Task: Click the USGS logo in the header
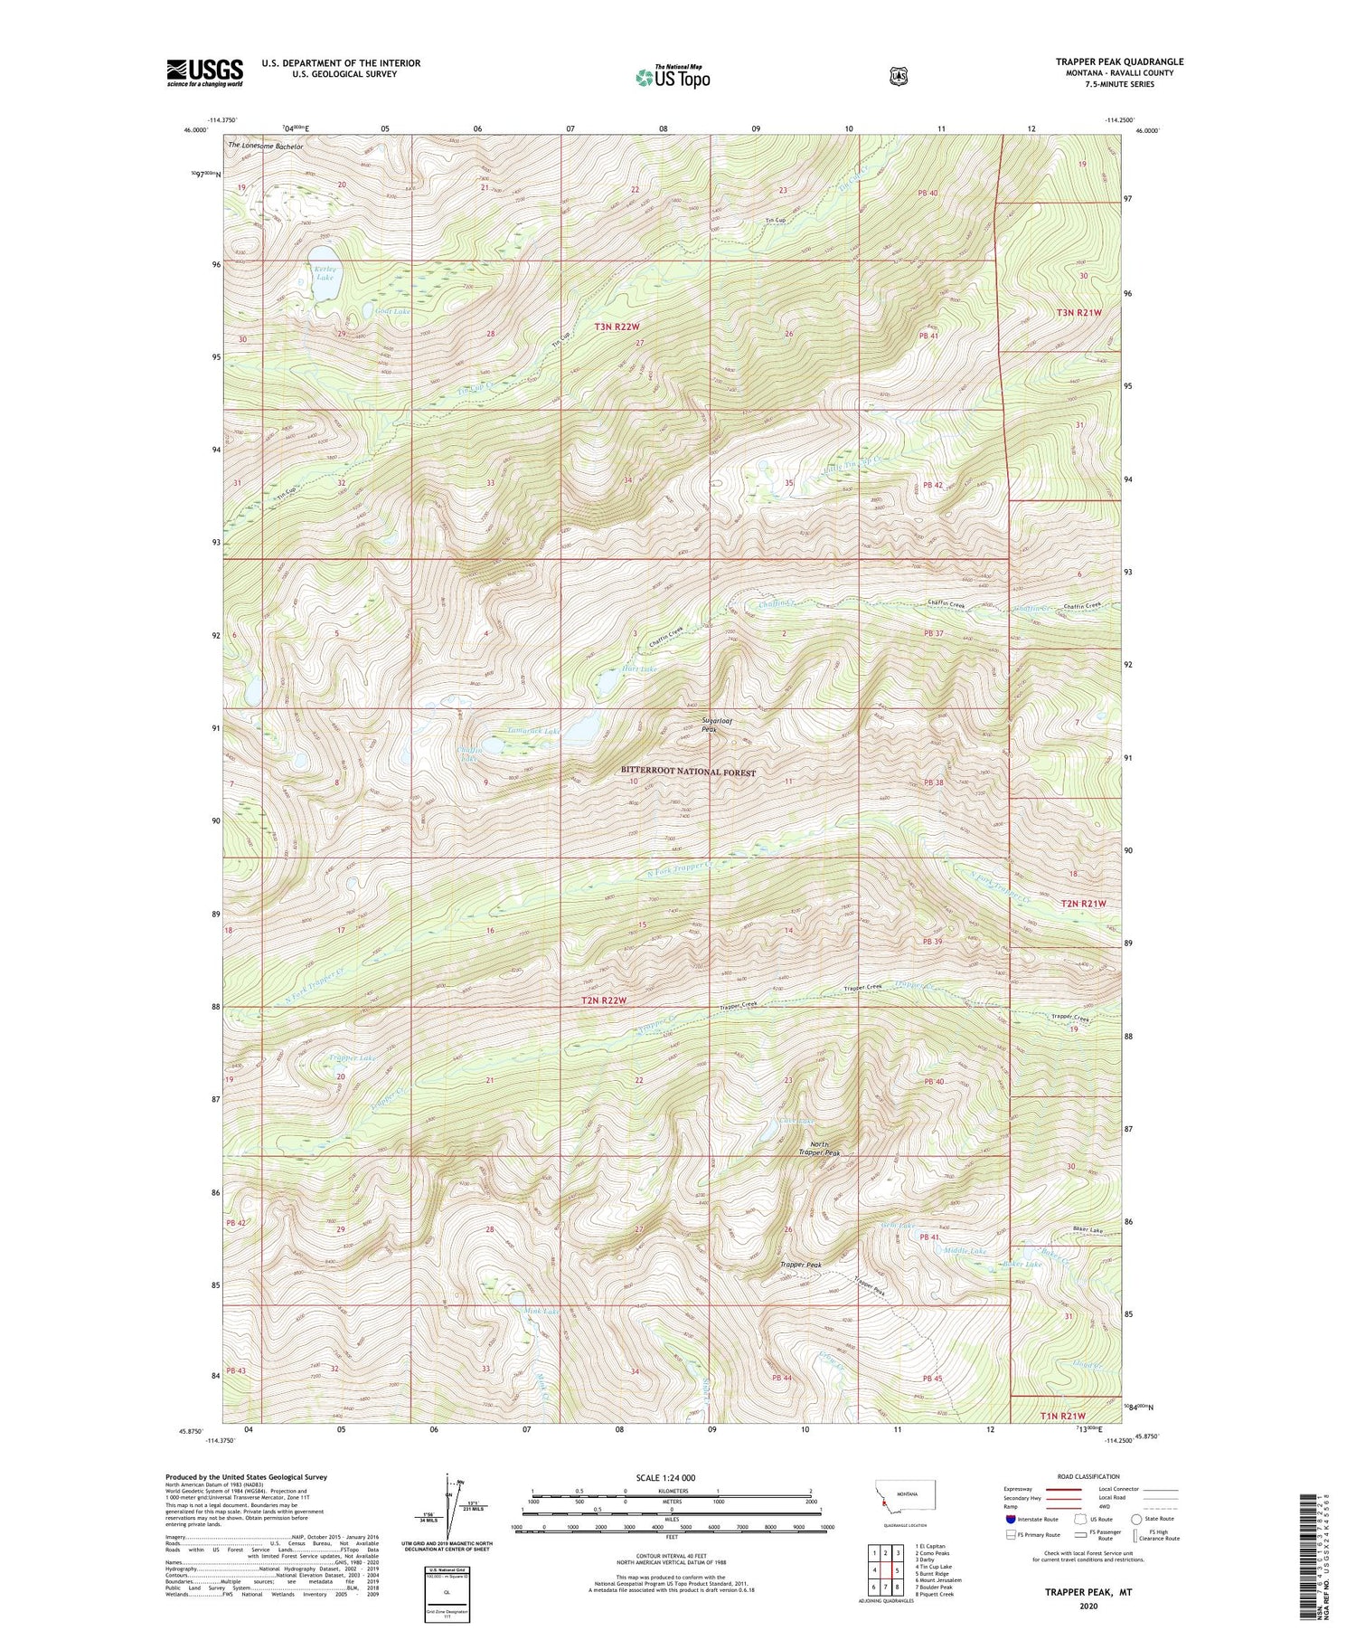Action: [204, 72]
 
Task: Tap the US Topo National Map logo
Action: [673, 77]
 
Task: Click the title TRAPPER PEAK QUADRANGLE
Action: [1119, 62]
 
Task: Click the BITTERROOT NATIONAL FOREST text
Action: [688, 772]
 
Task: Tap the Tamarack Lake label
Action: [533, 730]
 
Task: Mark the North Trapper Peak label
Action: [820, 1148]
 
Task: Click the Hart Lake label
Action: [638, 669]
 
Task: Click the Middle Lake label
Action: [965, 1251]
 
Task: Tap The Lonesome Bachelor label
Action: [266, 146]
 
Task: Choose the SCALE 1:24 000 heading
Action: [671, 1477]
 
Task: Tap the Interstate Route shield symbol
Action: [1010, 1519]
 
